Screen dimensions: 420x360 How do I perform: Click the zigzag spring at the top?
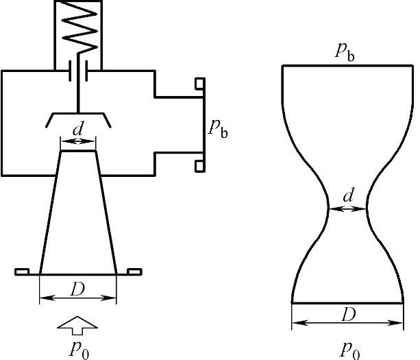pyautogui.click(x=79, y=31)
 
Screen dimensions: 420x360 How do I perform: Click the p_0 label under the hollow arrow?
pyautogui.click(x=79, y=348)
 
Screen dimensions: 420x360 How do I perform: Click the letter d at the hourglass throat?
pyautogui.click(x=349, y=196)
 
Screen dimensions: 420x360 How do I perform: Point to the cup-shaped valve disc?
pyautogui.click(x=79, y=118)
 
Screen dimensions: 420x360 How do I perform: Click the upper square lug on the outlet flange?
pyautogui.click(x=199, y=84)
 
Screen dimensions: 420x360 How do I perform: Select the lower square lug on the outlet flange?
pyautogui.click(x=199, y=165)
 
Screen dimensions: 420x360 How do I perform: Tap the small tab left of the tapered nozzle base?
pyautogui.click(x=23, y=272)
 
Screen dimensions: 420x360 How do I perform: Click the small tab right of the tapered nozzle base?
pyautogui.click(x=131, y=272)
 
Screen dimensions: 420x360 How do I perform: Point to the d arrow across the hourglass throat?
pyautogui.click(x=348, y=208)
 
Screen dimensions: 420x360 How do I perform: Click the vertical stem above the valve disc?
pyautogui.click(x=79, y=96)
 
